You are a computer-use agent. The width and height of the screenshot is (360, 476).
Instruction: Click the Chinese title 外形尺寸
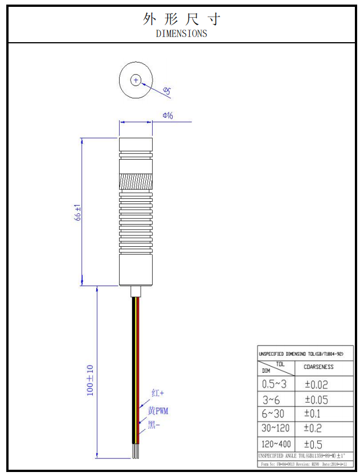click(181, 19)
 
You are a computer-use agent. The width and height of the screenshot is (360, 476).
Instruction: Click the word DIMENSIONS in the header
click(181, 34)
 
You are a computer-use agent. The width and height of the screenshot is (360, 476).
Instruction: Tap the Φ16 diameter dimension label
click(168, 115)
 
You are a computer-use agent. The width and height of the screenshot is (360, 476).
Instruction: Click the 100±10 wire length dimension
click(90, 380)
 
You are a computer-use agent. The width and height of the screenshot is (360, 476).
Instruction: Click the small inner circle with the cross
click(136, 80)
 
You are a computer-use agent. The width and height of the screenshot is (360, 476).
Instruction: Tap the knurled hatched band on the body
click(136, 182)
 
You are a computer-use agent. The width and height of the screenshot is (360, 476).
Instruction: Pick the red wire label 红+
click(158, 393)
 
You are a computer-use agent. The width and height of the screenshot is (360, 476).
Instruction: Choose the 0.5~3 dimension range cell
click(274, 384)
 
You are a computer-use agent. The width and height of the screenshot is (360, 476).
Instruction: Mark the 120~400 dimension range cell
click(277, 444)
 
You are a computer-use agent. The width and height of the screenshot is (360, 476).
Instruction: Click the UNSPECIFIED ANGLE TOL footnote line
click(302, 456)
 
